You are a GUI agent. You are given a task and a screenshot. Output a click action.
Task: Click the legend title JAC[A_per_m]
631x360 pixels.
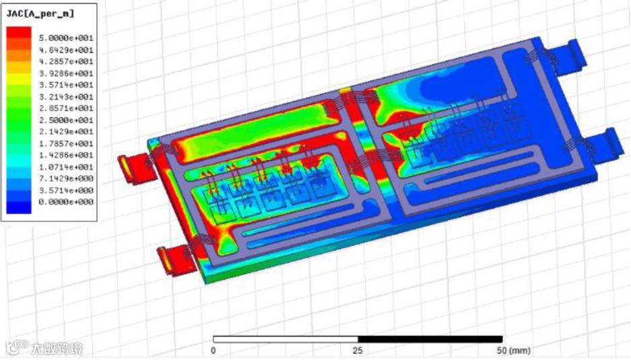point(40,13)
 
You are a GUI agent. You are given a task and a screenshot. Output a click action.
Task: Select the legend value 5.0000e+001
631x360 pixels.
point(66,38)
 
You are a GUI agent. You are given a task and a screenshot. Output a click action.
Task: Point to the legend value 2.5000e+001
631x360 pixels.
point(66,120)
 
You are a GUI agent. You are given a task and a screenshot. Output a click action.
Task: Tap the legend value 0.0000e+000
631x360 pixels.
point(66,201)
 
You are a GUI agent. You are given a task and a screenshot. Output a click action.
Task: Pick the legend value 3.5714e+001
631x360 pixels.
point(66,85)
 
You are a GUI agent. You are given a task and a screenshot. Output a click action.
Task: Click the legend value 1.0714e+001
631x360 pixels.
point(66,166)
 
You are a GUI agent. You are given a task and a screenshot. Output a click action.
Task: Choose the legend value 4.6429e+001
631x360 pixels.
point(66,50)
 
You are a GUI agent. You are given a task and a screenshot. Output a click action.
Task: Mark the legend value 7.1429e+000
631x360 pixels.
point(66,178)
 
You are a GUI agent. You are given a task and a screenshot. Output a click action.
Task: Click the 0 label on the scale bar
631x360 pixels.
point(213,351)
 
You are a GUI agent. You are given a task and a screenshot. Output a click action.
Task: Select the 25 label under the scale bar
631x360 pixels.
point(358,351)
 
